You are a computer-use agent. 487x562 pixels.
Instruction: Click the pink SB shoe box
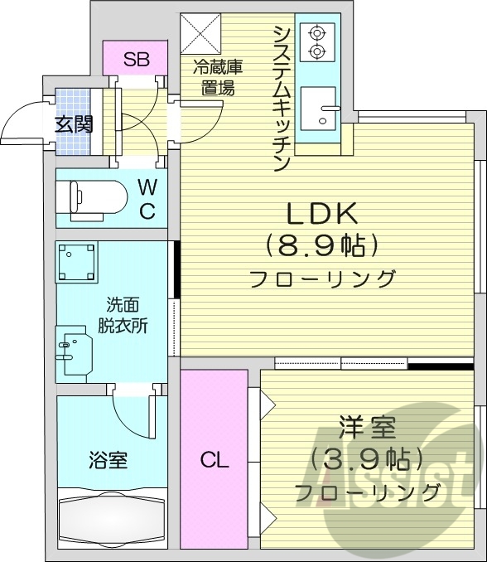[136, 59]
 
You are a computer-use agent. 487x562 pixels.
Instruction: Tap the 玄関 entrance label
[74, 124]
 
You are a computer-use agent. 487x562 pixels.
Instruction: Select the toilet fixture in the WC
[92, 197]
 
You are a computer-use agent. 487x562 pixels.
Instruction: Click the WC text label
[147, 198]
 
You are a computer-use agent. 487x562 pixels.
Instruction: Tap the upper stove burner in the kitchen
[316, 34]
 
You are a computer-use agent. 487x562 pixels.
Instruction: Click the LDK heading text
[322, 215]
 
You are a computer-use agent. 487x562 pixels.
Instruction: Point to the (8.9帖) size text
[322, 245]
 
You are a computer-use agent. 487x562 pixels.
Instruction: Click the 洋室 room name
[367, 429]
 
